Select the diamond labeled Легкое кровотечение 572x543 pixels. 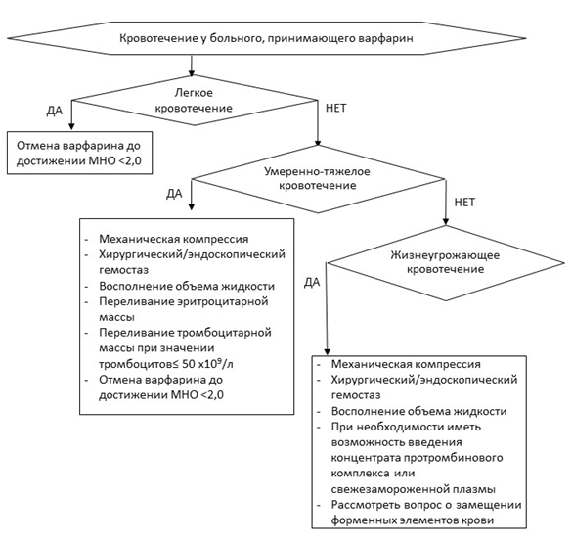click(194, 101)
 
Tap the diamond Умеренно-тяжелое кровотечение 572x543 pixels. click(318, 179)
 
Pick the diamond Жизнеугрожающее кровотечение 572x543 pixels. click(446, 263)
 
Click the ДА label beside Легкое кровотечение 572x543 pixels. click(55, 111)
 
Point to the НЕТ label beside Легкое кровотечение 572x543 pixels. click(335, 108)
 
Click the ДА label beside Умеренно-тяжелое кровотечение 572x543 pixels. click(174, 194)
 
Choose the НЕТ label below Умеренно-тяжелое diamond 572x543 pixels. click(464, 202)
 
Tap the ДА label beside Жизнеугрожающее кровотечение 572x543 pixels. click(312, 282)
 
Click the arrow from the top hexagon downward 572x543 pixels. click(191, 66)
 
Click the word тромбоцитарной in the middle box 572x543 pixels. click(224, 333)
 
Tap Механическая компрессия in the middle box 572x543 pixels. click(174, 239)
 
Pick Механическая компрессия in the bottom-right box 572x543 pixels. click(406, 364)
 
